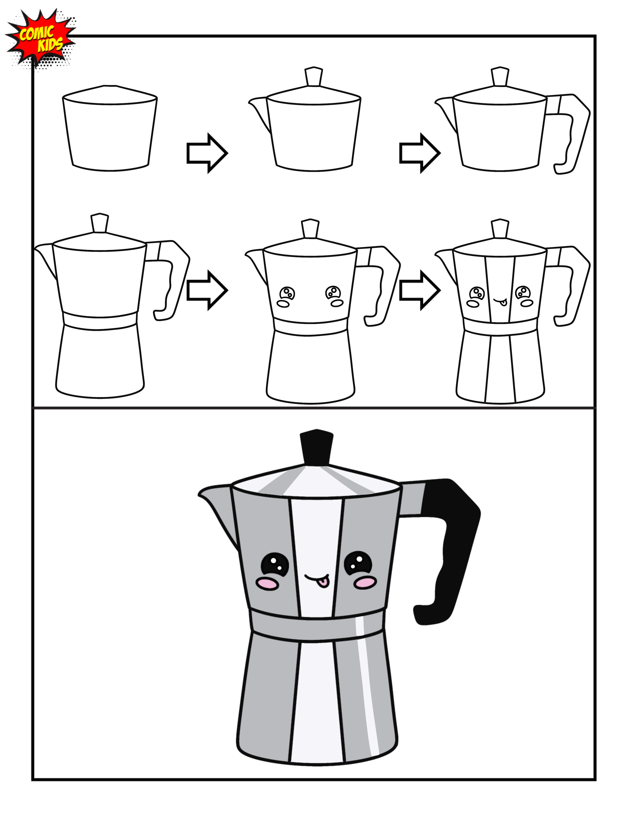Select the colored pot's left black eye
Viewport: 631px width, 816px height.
coord(275,564)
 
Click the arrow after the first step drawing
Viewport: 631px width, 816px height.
coord(207,153)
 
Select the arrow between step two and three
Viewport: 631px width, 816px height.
coord(419,153)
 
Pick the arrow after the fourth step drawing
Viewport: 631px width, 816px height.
coord(207,290)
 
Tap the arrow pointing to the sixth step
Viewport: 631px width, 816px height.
coord(419,290)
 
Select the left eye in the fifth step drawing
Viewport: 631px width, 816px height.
coord(287,293)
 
